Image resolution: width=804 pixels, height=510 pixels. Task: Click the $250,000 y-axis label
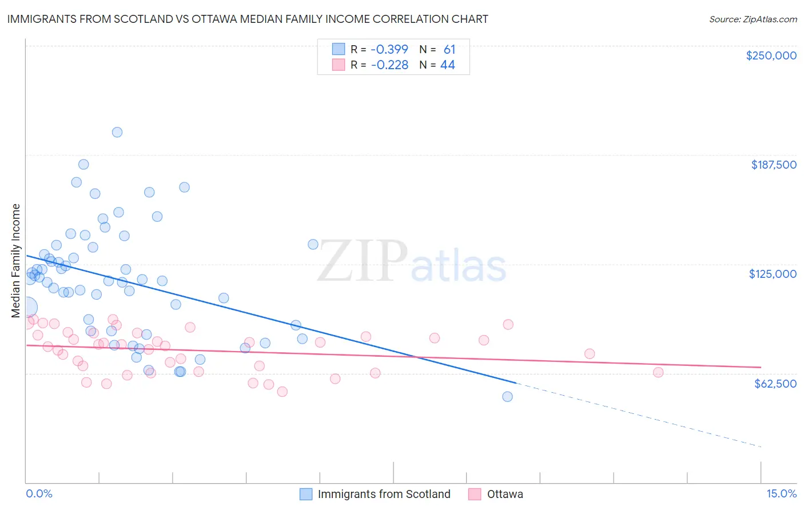[771, 55]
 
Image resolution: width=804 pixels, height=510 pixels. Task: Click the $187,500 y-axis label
[773, 165]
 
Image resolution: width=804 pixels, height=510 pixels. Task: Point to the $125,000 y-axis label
[773, 274]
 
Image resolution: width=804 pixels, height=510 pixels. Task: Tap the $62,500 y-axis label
[775, 384]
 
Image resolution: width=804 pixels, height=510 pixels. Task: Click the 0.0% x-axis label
[39, 493]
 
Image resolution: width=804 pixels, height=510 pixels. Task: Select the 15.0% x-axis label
[781, 493]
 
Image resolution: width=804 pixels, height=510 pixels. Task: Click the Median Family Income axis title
[15, 261]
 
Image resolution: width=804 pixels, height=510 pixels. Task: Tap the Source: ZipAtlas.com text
[753, 19]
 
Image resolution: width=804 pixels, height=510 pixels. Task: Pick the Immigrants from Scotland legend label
[384, 494]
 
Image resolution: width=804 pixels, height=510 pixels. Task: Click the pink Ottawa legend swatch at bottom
[475, 494]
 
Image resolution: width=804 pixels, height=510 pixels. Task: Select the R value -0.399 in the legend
[389, 50]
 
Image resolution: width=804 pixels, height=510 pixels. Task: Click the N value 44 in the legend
[448, 65]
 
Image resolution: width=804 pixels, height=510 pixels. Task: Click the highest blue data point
[117, 132]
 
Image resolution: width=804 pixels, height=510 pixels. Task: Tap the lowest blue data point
[507, 396]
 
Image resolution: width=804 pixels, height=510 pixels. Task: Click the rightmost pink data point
[658, 372]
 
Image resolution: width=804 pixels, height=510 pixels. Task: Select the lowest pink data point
[282, 392]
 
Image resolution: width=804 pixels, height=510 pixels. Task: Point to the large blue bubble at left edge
[26, 308]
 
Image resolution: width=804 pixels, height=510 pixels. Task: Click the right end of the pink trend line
[761, 367]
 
